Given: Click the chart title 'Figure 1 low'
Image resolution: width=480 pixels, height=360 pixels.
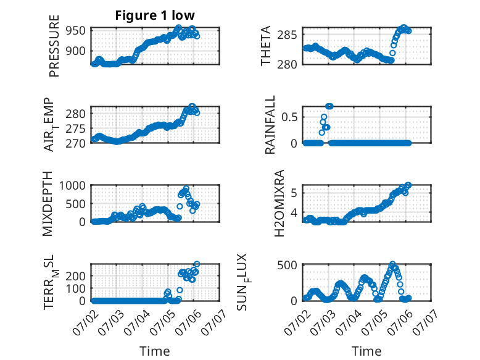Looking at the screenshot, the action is coord(155,15).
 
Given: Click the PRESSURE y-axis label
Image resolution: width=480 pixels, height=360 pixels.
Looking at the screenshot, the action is coord(54,46).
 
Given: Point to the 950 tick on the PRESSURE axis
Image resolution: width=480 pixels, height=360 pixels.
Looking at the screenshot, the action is coord(76,31).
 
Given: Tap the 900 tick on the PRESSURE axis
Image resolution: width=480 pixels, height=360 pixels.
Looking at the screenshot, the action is coord(76,51).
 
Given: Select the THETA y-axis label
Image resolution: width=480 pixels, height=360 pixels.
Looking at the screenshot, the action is coord(266,46).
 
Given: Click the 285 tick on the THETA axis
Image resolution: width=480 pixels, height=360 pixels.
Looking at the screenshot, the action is coord(287,35).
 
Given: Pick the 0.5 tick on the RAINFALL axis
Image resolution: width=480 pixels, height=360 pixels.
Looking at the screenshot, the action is coord(289,117).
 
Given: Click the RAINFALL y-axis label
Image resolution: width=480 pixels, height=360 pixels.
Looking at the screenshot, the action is coord(270,125).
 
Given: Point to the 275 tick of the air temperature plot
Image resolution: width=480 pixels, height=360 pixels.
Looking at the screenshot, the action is coord(76,128).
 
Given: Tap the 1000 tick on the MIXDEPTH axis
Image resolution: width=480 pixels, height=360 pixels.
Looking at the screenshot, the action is coord(72,186).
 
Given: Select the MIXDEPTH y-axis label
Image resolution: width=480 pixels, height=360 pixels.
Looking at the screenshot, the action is coord(48,204).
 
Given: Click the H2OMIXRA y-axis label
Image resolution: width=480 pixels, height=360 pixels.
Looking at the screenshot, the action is coord(279,203).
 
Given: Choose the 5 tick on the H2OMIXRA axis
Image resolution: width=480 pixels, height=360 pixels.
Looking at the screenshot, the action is coord(294,193).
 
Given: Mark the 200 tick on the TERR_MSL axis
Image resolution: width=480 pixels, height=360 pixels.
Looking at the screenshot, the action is coord(76,276).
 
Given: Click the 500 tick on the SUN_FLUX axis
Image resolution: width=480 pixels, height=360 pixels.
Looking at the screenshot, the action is coord(287,265).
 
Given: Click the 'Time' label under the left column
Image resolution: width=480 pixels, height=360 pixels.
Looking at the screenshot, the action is coord(155,351).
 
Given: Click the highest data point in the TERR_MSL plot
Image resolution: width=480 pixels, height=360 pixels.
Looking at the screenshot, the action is coord(197,264).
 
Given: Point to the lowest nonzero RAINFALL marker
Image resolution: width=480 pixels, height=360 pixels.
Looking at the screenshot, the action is coord(321,133).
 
